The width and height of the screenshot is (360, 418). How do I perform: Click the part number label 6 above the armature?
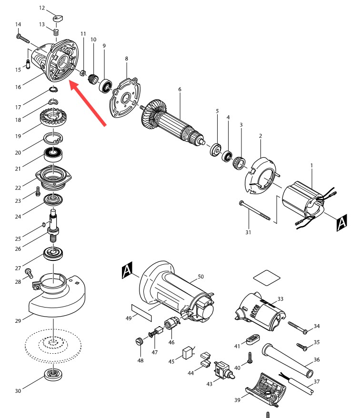(x=180, y=90)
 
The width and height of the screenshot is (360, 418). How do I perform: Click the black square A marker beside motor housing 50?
(x=127, y=270)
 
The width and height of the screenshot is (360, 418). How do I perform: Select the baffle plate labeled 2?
(x=260, y=176)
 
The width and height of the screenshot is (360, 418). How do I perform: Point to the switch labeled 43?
(x=224, y=371)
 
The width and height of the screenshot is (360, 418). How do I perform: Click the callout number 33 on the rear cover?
(x=280, y=299)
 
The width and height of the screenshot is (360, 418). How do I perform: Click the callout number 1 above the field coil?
(x=311, y=165)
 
